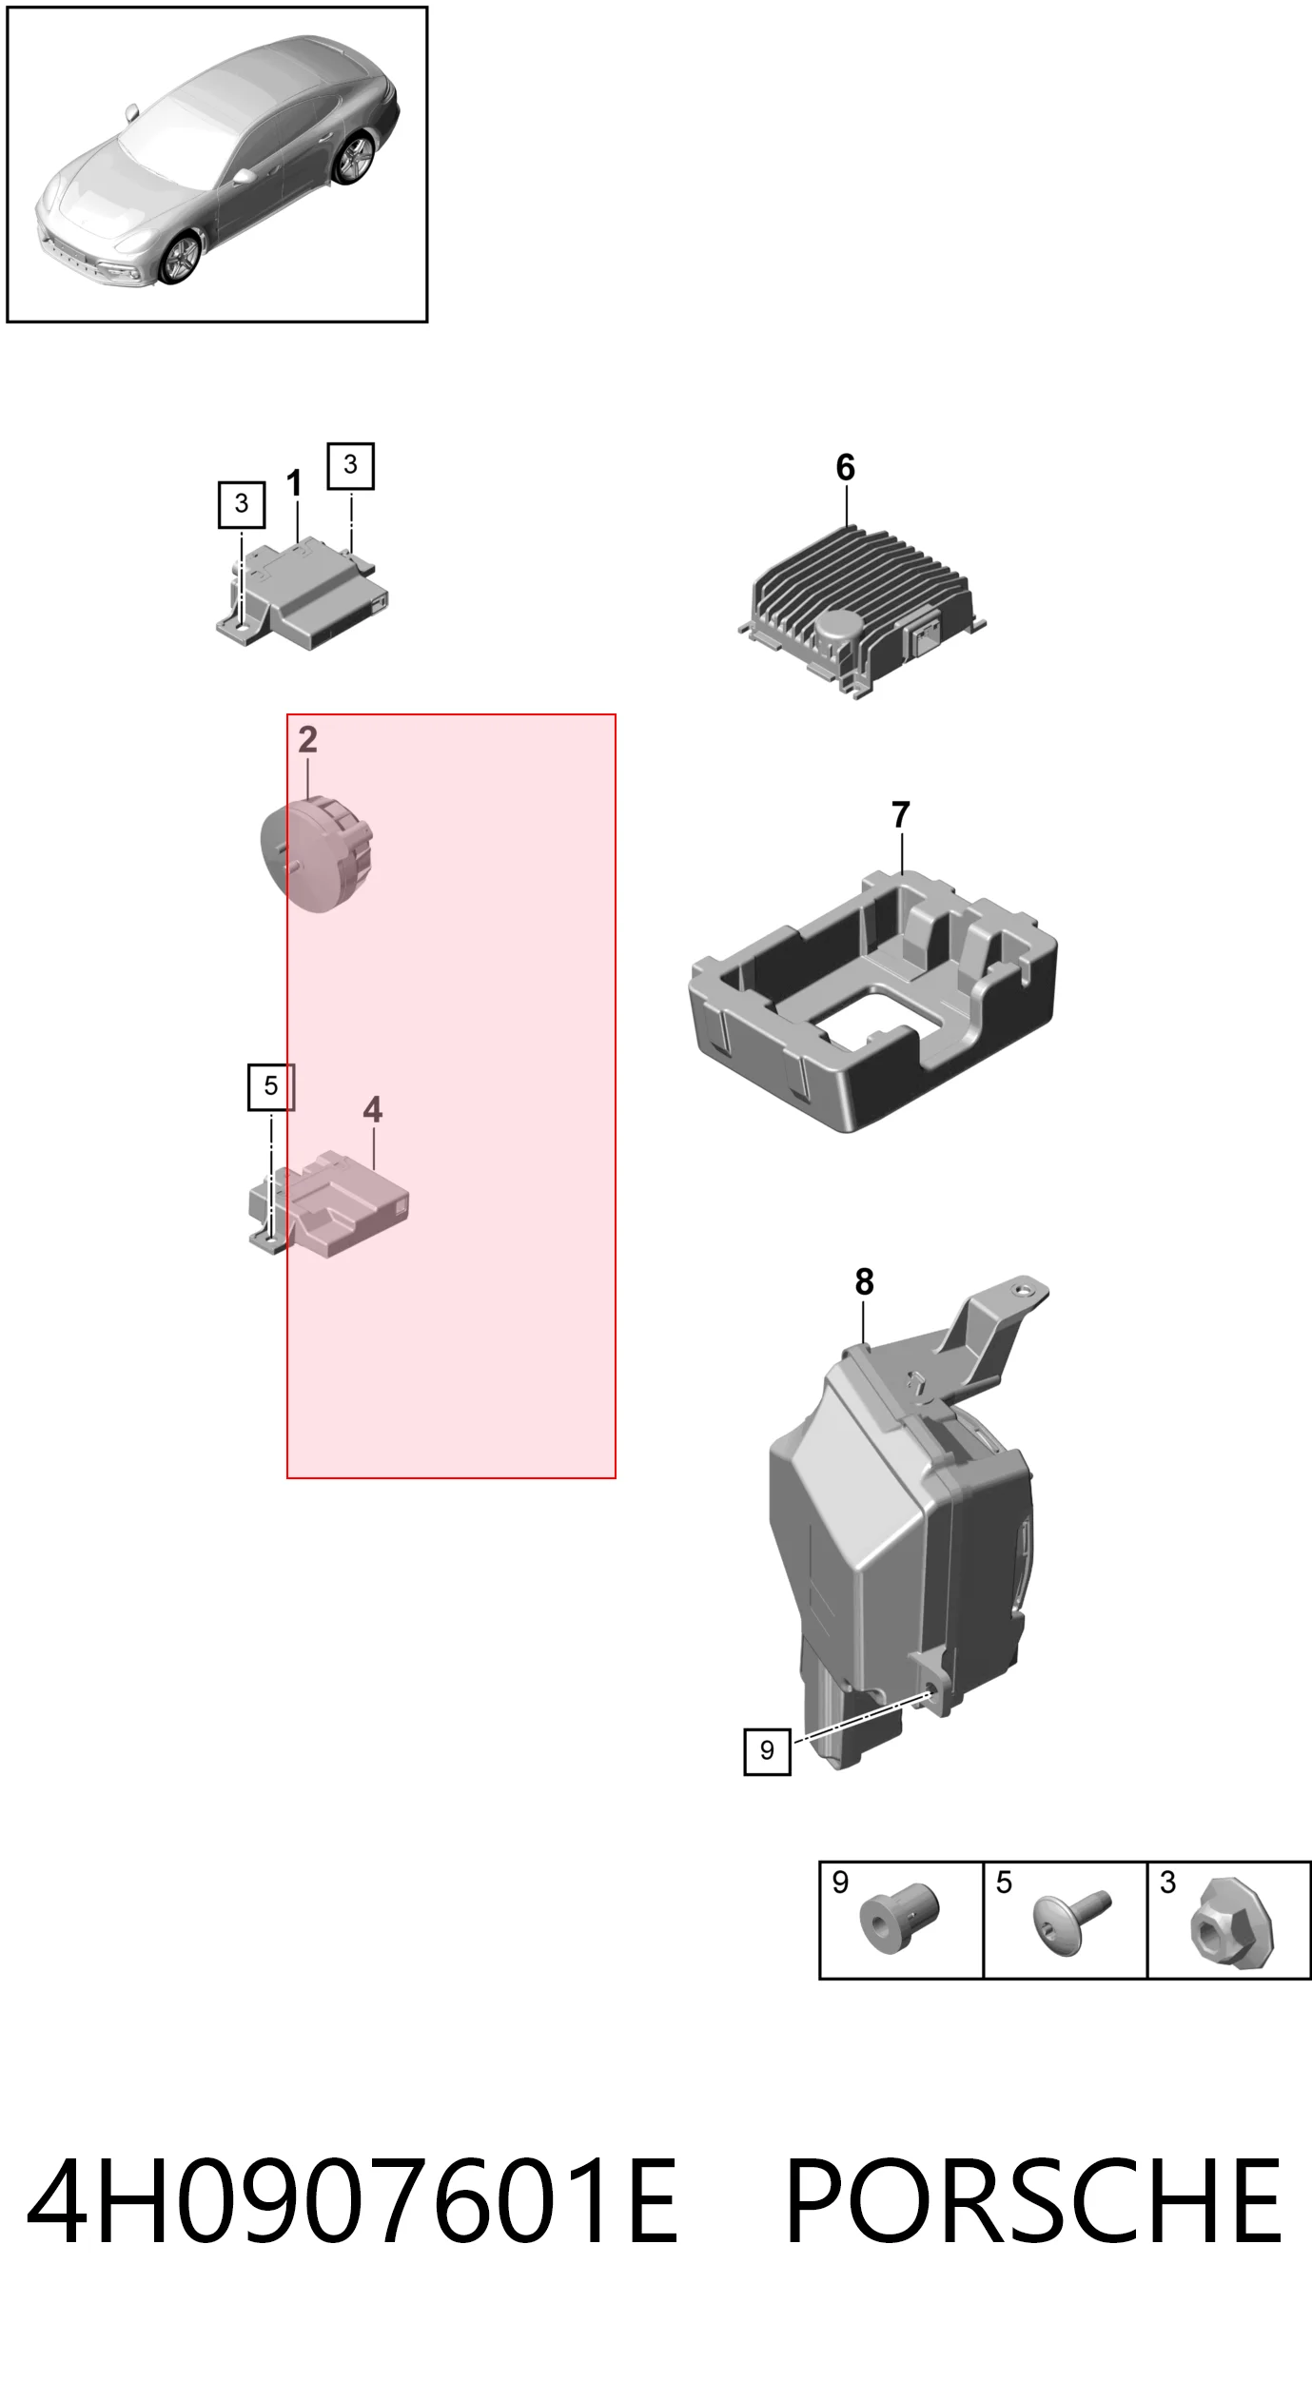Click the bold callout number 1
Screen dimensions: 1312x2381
(294, 484)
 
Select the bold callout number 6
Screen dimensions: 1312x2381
(845, 467)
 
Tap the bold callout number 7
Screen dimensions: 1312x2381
(900, 814)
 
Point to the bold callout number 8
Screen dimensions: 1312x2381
(864, 1282)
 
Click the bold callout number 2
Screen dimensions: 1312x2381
(307, 739)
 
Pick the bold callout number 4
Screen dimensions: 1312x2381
(372, 1109)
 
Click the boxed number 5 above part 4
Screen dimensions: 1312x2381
(271, 1086)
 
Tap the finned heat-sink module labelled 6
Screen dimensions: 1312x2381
(862, 611)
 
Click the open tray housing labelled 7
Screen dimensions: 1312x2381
(872, 1001)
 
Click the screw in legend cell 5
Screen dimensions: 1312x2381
(1070, 1922)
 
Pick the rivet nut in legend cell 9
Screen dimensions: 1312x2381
(899, 1918)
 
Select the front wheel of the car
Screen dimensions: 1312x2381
(181, 257)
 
